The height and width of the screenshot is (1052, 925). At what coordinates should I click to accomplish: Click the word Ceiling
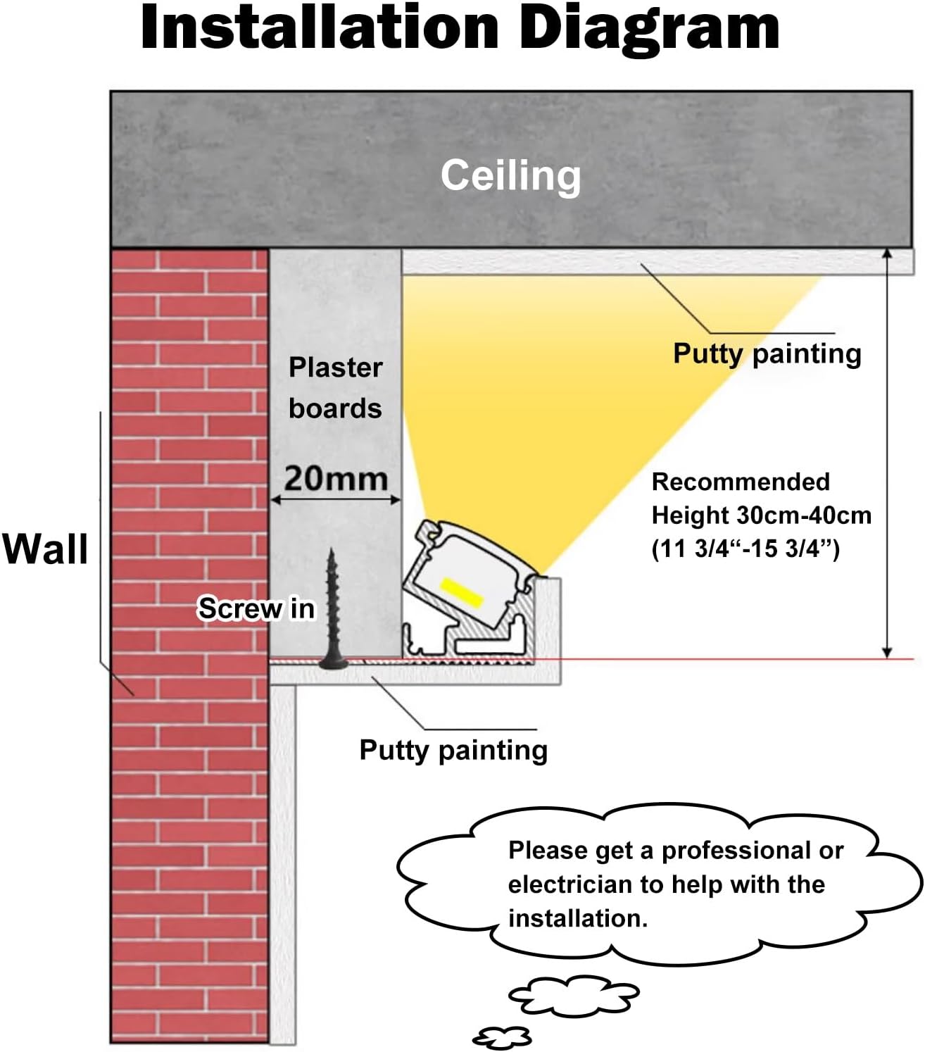(510, 175)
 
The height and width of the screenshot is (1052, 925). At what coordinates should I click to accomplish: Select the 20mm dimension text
(336, 479)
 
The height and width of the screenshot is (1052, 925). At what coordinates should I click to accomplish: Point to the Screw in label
(256, 608)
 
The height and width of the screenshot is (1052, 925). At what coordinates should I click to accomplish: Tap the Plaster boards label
(335, 387)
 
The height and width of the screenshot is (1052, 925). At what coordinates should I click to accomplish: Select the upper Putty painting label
(767, 353)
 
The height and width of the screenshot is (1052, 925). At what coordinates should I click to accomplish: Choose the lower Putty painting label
(453, 750)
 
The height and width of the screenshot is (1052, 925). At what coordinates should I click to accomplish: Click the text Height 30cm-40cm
(761, 515)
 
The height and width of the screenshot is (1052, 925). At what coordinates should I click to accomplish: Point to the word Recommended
(741, 482)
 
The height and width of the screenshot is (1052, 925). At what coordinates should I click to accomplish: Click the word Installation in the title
(320, 28)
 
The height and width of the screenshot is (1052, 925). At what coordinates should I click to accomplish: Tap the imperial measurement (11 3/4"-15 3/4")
(745, 549)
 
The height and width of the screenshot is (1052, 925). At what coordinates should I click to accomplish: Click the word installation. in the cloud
(577, 918)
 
